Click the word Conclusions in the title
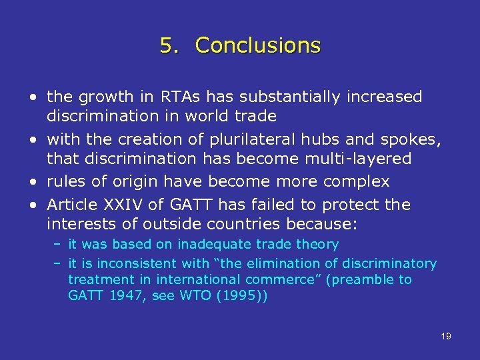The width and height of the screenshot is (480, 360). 258,45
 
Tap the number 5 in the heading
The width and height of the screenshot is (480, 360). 168,45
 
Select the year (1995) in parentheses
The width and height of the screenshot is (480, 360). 242,295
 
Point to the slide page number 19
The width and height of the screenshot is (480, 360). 446,336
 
